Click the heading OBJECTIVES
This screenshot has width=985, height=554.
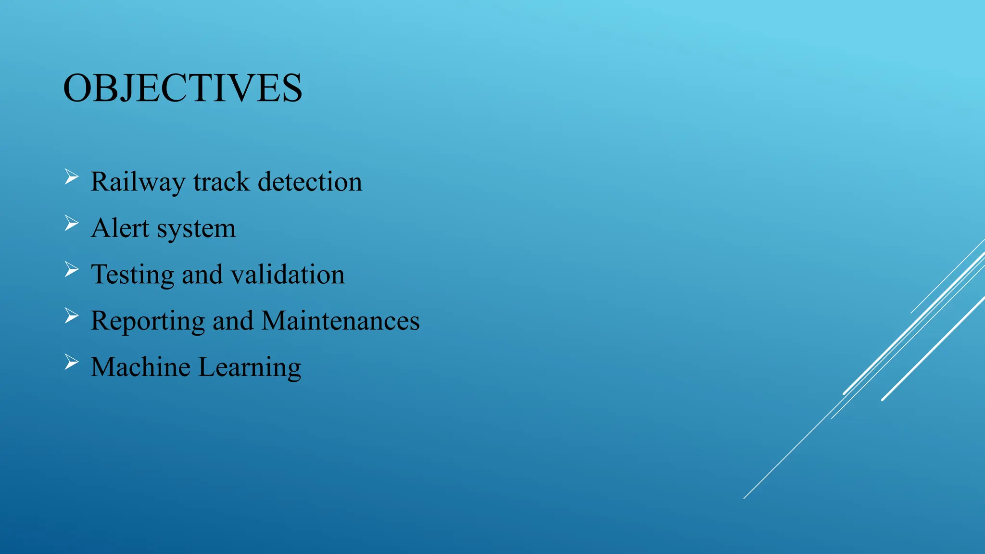183,88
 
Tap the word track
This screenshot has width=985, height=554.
221,182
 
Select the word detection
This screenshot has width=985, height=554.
310,182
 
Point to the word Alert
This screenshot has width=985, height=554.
120,228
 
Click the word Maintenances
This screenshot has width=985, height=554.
341,321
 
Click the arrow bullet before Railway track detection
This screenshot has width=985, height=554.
71,177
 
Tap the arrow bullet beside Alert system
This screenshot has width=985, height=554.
71,223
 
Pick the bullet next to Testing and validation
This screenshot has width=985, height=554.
71,270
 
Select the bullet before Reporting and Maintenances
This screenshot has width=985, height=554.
71,316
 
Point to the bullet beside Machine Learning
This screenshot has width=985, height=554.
71,362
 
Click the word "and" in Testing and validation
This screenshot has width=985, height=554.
202,275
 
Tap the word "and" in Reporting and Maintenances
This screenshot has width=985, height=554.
233,321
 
